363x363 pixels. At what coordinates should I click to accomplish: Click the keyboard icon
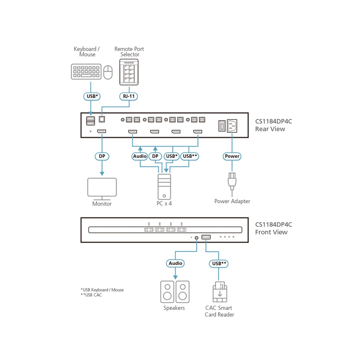(x=86, y=72)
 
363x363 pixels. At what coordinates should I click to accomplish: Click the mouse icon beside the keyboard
(x=108, y=72)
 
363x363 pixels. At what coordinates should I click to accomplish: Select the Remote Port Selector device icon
(x=129, y=72)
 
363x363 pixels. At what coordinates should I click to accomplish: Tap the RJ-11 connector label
(x=129, y=96)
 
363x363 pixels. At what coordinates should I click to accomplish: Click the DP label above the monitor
(x=102, y=156)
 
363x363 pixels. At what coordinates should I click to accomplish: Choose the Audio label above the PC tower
(x=140, y=156)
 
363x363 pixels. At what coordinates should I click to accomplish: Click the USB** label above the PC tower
(x=190, y=156)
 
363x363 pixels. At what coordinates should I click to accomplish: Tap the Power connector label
(x=232, y=156)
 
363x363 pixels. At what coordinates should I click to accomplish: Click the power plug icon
(x=232, y=180)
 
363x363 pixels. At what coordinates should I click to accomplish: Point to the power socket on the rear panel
(x=234, y=125)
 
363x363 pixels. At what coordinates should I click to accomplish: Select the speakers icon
(x=175, y=291)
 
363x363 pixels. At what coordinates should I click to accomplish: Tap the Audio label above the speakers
(x=175, y=263)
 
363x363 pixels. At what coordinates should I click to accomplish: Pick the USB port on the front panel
(x=206, y=237)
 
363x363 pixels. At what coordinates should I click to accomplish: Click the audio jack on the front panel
(x=196, y=238)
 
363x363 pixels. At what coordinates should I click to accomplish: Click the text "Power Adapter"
(x=232, y=201)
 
